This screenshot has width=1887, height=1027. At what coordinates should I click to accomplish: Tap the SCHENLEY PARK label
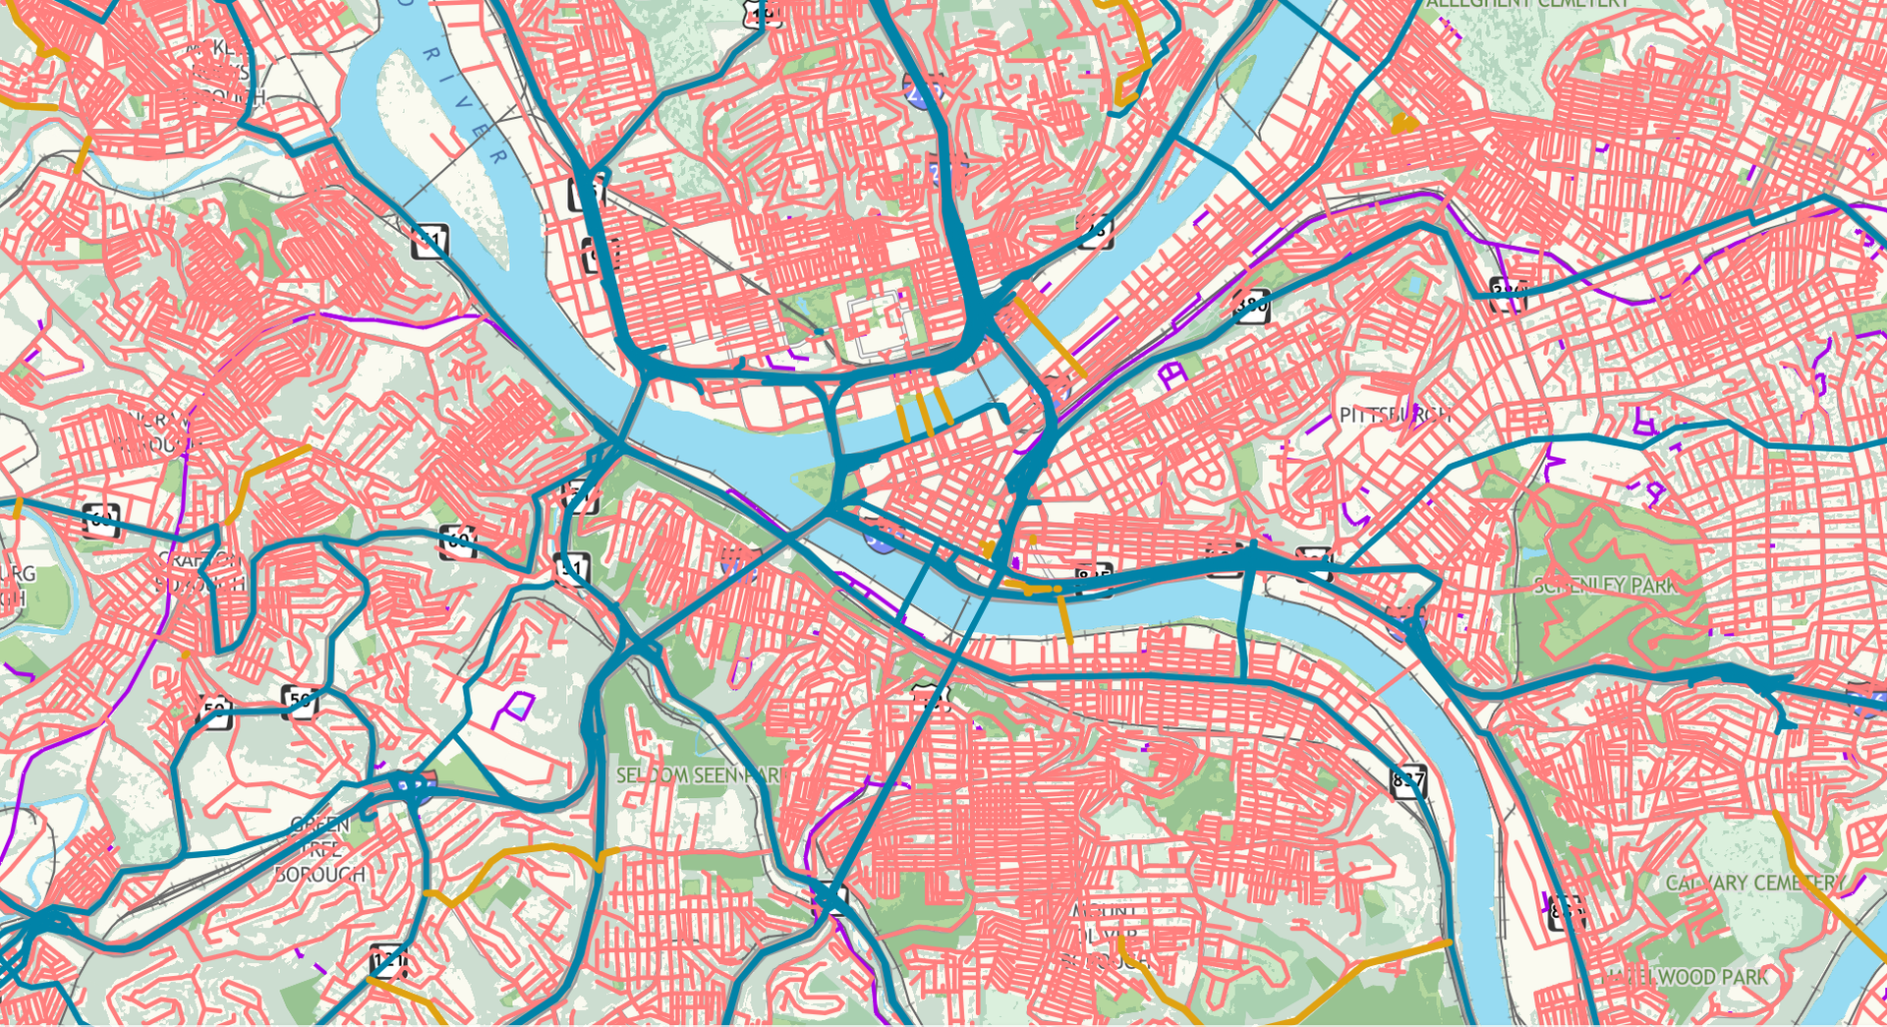(x=1606, y=586)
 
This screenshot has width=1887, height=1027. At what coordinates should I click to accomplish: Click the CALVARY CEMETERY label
(x=1754, y=883)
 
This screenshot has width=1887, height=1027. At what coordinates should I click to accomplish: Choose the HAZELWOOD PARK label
(x=1687, y=977)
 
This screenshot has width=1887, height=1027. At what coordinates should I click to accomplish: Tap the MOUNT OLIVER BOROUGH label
(x=1105, y=935)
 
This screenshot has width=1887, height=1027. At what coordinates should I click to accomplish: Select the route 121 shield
(x=389, y=960)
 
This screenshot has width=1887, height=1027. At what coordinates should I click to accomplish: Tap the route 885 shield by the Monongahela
(x=1094, y=579)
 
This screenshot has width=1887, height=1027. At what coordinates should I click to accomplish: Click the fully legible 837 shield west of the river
(x=1408, y=781)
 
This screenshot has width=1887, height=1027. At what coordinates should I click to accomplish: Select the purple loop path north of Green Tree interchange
(x=512, y=708)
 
